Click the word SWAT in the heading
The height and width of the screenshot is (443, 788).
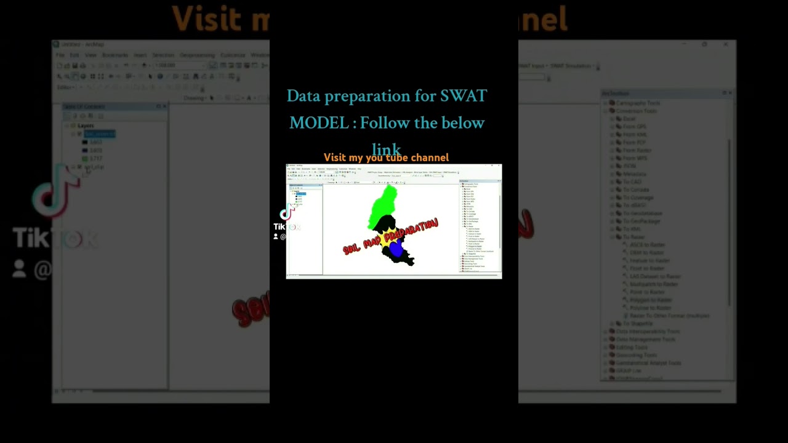[463, 96]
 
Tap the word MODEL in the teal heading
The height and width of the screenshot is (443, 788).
[319, 123]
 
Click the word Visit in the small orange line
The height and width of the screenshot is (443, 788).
[335, 158]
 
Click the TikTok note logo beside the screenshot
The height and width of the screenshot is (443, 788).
[286, 214]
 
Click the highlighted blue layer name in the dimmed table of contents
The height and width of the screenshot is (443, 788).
[100, 134]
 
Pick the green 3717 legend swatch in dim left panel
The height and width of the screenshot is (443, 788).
[85, 159]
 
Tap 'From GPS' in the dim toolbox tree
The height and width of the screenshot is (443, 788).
[634, 126]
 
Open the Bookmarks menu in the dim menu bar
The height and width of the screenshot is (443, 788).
[115, 55]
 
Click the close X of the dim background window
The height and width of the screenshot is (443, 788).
[726, 44]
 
